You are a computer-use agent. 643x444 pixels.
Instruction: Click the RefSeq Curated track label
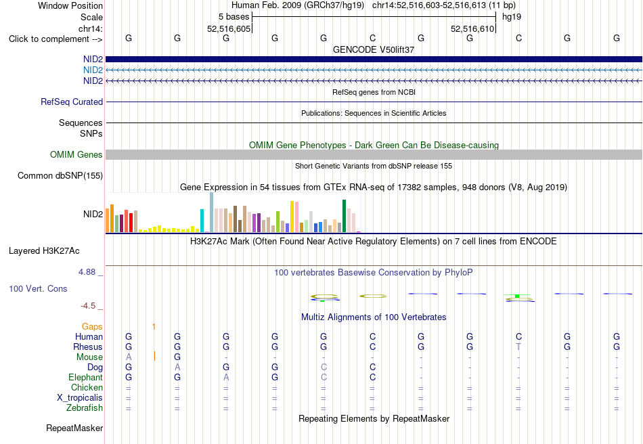coord(72,102)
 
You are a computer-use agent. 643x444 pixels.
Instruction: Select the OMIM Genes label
coord(76,154)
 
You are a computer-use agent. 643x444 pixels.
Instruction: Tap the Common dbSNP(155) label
coord(60,175)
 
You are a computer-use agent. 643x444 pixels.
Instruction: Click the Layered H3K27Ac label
coord(44,251)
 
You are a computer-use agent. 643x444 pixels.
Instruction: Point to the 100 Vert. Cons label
coord(38,288)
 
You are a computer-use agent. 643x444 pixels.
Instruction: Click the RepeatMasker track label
coord(74,428)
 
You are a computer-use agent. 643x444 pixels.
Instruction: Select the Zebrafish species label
coord(85,408)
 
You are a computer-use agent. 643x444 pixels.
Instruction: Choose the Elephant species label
coord(86,377)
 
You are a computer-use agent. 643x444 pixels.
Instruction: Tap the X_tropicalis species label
coord(80,398)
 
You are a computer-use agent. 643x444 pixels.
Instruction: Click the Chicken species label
coord(87,387)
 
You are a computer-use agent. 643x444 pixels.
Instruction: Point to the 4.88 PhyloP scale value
coord(87,272)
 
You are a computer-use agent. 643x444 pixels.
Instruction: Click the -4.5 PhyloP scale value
coord(88,306)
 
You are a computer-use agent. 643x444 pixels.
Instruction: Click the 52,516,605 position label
coord(229,28)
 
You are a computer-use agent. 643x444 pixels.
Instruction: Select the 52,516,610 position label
coord(472,28)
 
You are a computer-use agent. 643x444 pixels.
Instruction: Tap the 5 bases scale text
coord(234,17)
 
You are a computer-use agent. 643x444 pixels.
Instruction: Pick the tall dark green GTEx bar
coord(344,216)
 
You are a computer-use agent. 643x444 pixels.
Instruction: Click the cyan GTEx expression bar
coord(202,221)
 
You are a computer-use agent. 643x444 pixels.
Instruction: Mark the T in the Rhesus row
coord(518,347)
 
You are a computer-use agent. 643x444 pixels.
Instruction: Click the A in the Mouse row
coord(129,357)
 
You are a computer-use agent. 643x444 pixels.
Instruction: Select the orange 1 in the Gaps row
coord(154,327)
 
